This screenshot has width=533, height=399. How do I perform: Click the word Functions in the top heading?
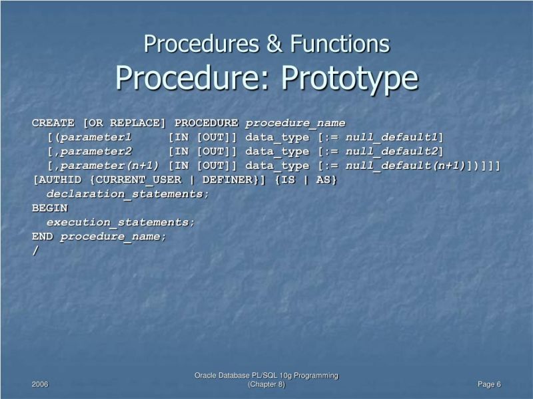(x=346, y=45)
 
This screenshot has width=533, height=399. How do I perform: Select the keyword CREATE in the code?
(x=53, y=123)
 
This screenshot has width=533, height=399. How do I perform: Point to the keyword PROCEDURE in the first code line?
(x=207, y=123)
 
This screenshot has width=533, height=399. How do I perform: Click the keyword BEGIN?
(x=50, y=208)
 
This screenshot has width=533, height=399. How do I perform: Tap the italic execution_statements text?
(x=121, y=222)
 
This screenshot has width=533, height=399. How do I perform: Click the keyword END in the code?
(x=43, y=236)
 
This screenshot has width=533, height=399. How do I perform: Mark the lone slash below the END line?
(x=35, y=251)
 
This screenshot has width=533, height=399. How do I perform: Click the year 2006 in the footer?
(x=40, y=385)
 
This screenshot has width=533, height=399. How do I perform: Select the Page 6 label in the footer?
(x=489, y=385)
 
